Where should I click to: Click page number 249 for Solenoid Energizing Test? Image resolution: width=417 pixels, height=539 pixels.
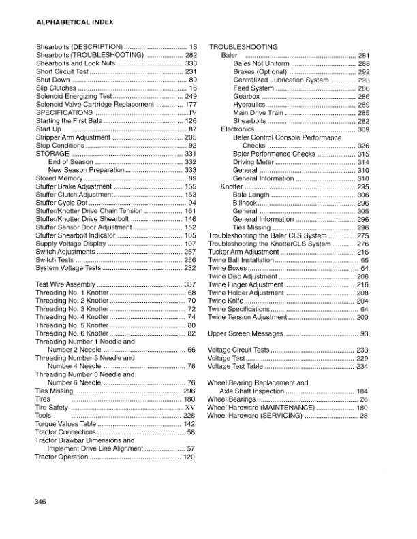pos(191,97)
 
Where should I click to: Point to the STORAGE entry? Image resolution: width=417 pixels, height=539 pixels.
pos(52,154)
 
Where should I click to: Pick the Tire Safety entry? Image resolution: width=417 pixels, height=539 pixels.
pos(52,407)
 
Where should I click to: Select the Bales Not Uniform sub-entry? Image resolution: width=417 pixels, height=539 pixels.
pos(262,63)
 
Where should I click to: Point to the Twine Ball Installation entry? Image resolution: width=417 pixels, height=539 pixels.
pos(243,260)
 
